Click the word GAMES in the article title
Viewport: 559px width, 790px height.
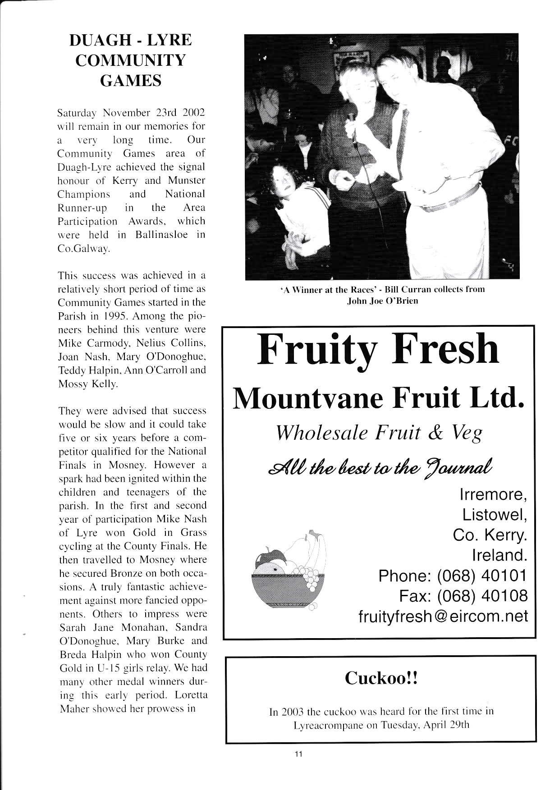130,80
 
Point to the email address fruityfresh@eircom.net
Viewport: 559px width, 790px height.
443,616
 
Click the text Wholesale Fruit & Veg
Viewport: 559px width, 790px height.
378,433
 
